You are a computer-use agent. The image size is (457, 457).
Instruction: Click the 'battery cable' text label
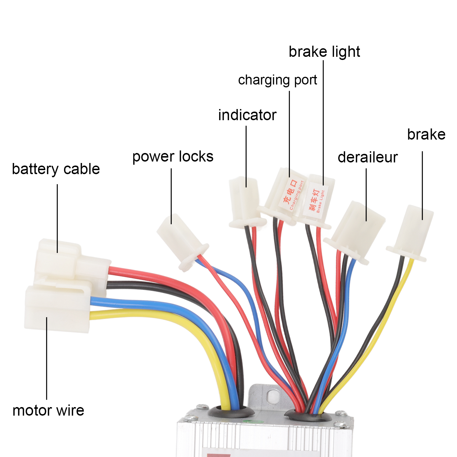pyautogui.click(x=56, y=169)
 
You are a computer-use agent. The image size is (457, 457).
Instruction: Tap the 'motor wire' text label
pyautogui.click(x=48, y=410)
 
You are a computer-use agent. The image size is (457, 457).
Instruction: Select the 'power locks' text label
pyautogui.click(x=173, y=156)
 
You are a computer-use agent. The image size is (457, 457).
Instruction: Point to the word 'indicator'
pyautogui.click(x=247, y=115)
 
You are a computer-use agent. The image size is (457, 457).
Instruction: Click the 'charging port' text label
pyautogui.click(x=277, y=80)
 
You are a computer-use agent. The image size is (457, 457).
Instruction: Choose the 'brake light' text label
pyautogui.click(x=324, y=52)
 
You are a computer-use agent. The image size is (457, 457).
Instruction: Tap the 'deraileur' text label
pyautogui.click(x=368, y=157)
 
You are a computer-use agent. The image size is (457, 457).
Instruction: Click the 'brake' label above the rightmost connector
pyautogui.click(x=426, y=134)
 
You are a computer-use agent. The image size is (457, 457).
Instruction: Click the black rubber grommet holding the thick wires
pyautogui.click(x=231, y=412)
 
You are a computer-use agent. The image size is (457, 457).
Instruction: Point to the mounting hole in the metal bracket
pyautogui.click(x=273, y=395)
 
